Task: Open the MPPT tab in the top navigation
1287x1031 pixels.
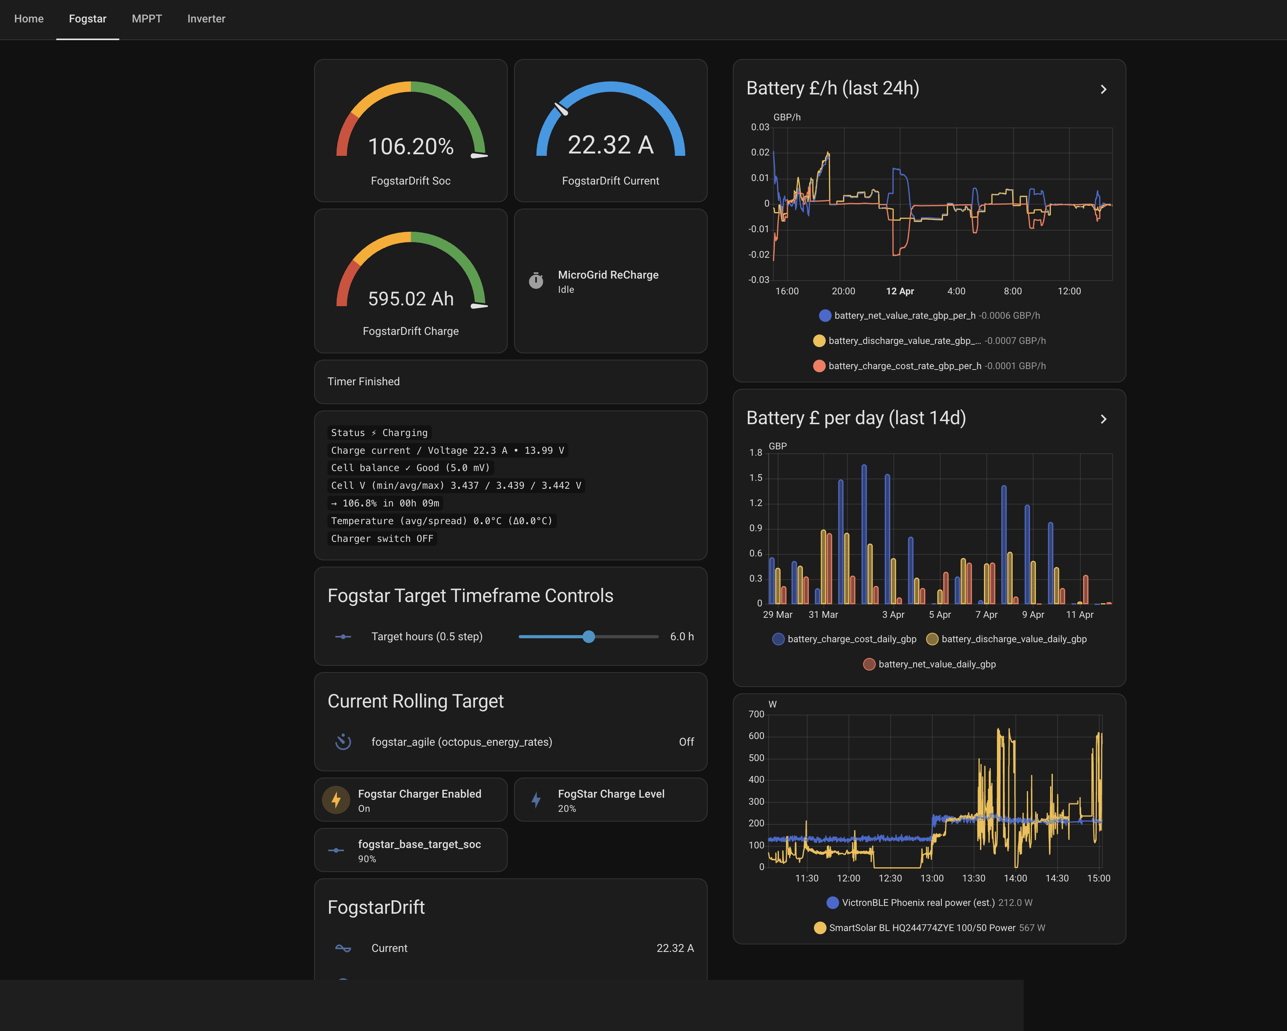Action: pos(147,18)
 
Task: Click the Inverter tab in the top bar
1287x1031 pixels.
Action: pos(206,18)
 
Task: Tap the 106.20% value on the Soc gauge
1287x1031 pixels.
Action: pos(411,146)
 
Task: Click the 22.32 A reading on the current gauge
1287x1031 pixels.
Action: pos(610,145)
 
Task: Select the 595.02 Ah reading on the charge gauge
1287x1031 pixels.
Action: pos(411,299)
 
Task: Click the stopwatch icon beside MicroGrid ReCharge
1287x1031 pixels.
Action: pos(536,281)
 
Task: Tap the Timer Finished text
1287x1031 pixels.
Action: pos(364,381)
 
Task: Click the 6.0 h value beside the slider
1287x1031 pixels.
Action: pos(681,636)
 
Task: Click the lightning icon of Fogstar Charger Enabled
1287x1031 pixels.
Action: pos(336,800)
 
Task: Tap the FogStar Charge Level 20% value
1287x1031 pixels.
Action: pos(566,808)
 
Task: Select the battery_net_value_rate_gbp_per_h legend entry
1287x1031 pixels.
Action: pos(904,315)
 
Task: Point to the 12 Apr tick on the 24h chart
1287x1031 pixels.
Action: pos(900,291)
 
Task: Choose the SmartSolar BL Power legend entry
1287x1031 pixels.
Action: pos(922,928)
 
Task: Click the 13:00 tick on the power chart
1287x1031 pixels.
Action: pos(932,878)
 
